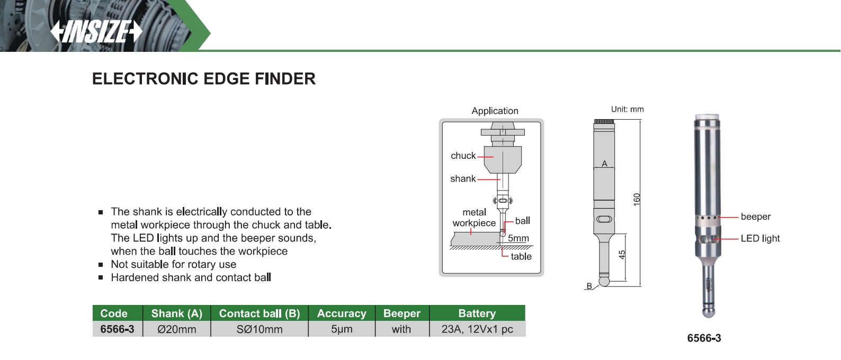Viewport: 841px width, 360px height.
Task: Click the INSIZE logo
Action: click(96, 32)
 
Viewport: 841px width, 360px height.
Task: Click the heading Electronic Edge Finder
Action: click(204, 79)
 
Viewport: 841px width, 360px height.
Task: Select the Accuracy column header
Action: click(342, 313)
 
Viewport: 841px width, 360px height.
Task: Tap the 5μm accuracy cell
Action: click(342, 329)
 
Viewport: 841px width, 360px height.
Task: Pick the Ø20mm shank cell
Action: click(177, 329)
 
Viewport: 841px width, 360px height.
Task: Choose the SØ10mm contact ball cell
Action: click(260, 329)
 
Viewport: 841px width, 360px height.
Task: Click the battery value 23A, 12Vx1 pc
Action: click(477, 329)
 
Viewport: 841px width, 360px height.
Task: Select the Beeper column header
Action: click(402, 313)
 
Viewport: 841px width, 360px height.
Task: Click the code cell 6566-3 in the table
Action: click(118, 329)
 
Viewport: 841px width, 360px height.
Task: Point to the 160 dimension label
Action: click(637, 199)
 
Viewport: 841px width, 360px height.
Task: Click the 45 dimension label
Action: click(622, 255)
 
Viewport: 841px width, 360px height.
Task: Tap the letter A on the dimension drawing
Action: click(604, 164)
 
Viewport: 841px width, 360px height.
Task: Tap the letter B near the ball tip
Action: click(589, 286)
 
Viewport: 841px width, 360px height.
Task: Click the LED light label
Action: click(760, 239)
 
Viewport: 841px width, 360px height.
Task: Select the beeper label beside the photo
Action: click(756, 217)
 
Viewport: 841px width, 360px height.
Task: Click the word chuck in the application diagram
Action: click(463, 156)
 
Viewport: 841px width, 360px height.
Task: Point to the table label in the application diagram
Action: click(521, 256)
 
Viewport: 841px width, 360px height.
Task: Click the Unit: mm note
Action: click(628, 109)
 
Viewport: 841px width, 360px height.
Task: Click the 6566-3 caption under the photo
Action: click(704, 338)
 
